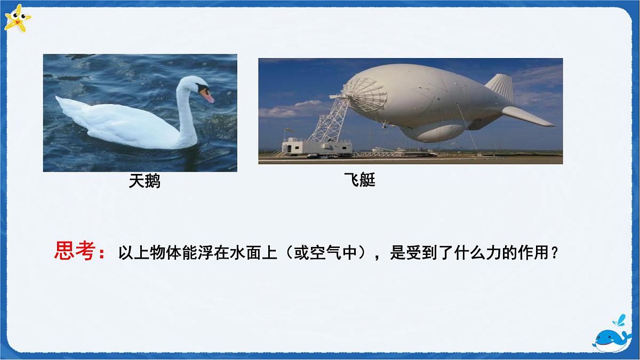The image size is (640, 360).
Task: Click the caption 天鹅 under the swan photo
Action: tap(145, 182)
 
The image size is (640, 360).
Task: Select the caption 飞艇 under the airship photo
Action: tap(360, 180)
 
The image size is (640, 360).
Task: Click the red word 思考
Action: tap(74, 251)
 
